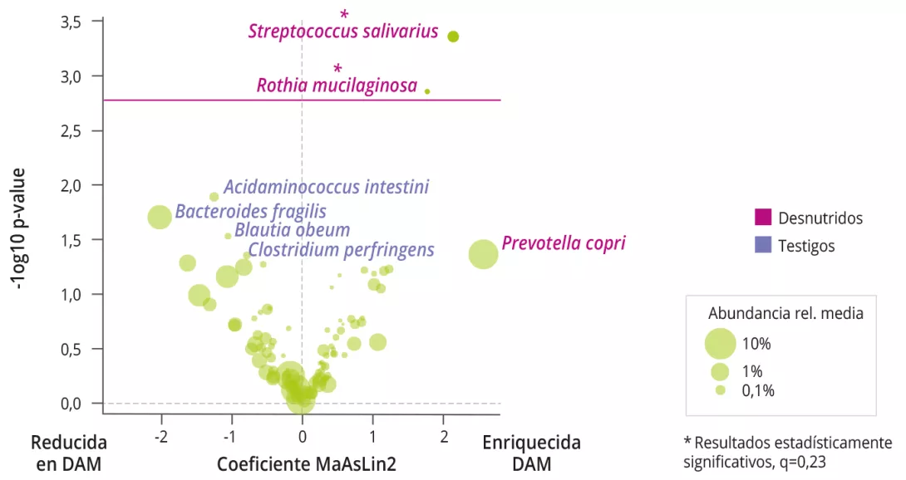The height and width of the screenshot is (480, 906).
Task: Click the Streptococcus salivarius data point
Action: click(453, 37)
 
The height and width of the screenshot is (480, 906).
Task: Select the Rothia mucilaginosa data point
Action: click(427, 91)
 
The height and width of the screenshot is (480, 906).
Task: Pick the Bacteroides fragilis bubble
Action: click(160, 218)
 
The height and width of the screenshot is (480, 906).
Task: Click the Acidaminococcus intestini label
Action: click(326, 187)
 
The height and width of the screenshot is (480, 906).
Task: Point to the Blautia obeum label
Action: click(292, 230)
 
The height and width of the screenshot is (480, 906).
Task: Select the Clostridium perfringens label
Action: click(341, 249)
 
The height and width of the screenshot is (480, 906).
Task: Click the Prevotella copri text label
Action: click(563, 243)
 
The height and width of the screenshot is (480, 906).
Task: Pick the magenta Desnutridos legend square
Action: click(763, 218)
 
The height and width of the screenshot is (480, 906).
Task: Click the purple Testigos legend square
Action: click(763, 245)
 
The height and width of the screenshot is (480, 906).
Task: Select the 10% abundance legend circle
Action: click(720, 343)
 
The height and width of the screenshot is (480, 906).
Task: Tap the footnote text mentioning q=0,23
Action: click(786, 451)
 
